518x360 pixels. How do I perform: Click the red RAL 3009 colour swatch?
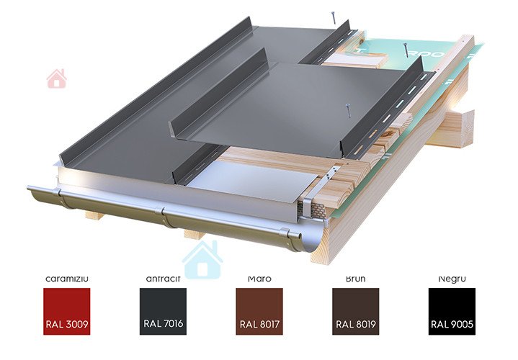point(66,311)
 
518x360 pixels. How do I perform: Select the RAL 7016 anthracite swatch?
point(162,311)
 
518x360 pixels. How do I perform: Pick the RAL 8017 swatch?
point(259,311)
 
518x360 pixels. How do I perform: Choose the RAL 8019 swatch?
point(355,311)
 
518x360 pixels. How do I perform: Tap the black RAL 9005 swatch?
point(452,311)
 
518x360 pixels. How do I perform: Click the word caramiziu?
point(66,278)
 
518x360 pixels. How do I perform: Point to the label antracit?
point(162,278)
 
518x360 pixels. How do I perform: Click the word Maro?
point(259,278)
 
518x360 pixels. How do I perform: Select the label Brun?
point(355,278)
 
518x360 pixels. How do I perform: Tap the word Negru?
point(452,278)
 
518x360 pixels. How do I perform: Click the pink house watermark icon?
point(56,78)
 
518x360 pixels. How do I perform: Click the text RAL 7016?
point(162,324)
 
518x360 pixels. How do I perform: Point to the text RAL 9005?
point(452,324)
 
